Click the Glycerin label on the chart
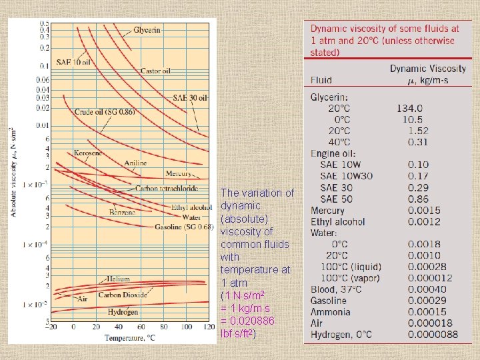tap(147, 31)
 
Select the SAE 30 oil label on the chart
tap(191, 97)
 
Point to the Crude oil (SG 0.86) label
tap(105, 112)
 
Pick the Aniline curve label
tap(136, 163)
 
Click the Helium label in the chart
tap(118, 279)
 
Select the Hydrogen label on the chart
tap(123, 312)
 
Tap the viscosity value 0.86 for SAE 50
tap(418, 199)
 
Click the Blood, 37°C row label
tap(336, 289)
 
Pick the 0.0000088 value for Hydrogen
tap(433, 335)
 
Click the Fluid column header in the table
tap(321, 80)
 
